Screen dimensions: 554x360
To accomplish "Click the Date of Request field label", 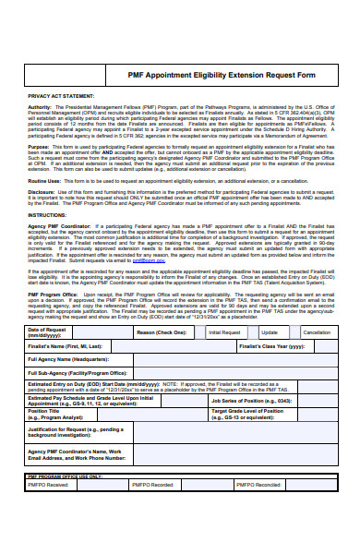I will tap(47, 331).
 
